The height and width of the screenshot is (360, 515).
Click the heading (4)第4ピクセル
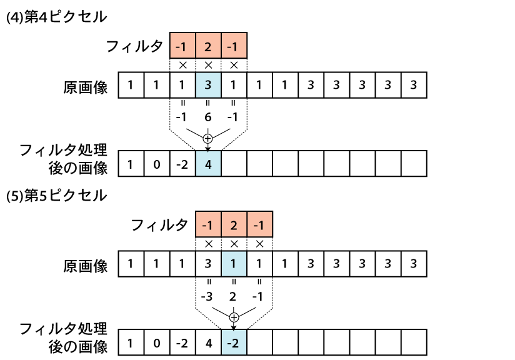tap(56, 17)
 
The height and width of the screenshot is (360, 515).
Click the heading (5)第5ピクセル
tap(56, 196)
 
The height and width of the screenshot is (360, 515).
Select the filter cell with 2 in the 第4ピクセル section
tap(208, 46)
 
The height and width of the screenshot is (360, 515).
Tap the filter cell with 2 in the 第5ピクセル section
tap(234, 224)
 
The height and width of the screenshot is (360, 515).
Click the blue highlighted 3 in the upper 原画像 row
tap(208, 85)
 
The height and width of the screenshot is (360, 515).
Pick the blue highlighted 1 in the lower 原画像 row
tap(234, 264)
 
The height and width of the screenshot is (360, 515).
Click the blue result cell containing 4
tap(208, 164)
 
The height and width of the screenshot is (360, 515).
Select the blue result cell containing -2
tap(234, 342)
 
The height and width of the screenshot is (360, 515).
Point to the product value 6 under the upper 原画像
tap(208, 117)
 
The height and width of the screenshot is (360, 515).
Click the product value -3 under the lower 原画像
tap(207, 296)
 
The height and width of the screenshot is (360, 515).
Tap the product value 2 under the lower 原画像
tap(233, 296)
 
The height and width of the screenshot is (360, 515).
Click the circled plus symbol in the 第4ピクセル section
tap(207, 139)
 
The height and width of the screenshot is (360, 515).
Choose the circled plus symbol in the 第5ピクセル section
tap(234, 317)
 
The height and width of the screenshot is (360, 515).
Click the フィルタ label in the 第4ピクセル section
tap(134, 46)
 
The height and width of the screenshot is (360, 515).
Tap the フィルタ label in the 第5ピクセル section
tap(159, 225)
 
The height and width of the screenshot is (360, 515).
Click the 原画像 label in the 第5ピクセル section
tap(86, 266)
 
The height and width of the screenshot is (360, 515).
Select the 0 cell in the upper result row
tap(157, 164)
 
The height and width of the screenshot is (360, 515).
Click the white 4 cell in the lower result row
tap(208, 342)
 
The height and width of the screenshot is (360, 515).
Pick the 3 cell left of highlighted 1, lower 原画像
tap(208, 264)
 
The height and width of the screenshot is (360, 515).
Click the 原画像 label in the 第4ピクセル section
tap(86, 87)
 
